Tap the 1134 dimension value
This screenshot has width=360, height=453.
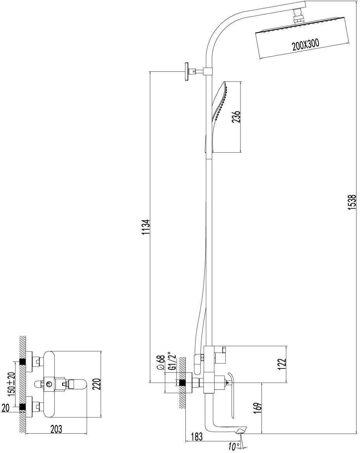coord(145,227)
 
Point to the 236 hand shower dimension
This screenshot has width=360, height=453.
coord(236,116)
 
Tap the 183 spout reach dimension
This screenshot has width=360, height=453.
coord(197,437)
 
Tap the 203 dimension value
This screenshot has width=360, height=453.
coord(56,429)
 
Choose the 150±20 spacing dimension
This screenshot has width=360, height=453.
coord(12,383)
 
